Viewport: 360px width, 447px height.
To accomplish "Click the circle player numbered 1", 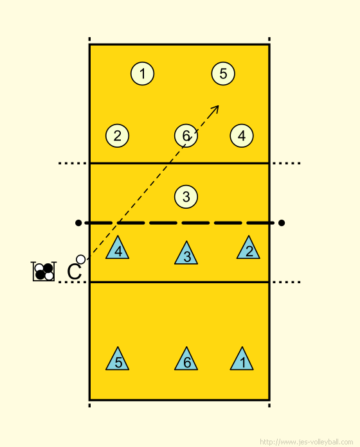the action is [142, 74].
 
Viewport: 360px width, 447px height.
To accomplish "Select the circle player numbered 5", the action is [223, 74].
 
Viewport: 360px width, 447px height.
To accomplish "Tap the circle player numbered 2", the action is [117, 136].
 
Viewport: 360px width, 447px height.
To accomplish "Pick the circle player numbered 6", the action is [186, 136].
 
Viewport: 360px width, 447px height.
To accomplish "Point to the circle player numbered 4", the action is [242, 136].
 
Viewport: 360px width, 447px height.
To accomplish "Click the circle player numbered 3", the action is [186, 197].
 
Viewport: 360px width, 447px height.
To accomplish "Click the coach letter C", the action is [74, 272].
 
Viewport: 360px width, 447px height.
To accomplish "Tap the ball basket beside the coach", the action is [44, 272].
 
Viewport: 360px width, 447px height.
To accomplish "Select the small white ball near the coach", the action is [81, 259].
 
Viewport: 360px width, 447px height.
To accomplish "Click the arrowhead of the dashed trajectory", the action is [216, 109].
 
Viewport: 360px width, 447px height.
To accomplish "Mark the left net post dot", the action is [78, 223].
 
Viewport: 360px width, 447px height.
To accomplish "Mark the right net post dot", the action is [282, 223].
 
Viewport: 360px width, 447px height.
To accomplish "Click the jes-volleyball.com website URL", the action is [307, 442].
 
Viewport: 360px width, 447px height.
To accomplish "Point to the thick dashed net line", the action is [179, 223].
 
